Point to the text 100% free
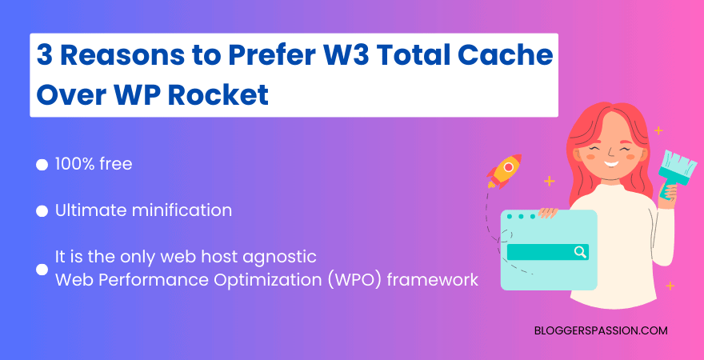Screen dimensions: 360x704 coord(94,165)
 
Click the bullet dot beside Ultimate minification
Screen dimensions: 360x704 coord(42,212)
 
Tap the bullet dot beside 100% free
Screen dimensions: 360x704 coord(42,166)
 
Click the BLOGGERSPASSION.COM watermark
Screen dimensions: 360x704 coord(600,330)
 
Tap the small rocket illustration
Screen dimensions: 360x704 coord(503,170)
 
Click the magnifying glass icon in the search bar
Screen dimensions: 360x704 coord(580,252)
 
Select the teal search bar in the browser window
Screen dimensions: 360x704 coord(547,252)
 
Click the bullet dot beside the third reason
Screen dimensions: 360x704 coord(42,270)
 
